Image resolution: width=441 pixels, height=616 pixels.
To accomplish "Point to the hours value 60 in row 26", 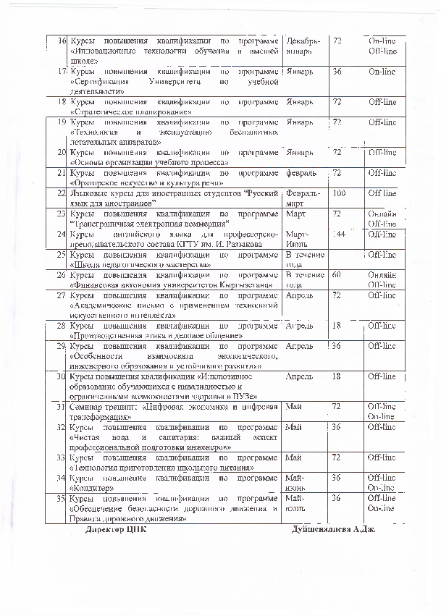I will point(336,275).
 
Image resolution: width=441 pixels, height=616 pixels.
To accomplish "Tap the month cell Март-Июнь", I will point(298,239).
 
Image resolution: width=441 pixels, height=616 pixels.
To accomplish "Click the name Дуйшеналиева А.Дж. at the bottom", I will point(333,529).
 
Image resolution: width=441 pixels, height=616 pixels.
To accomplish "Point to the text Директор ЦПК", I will point(115,529).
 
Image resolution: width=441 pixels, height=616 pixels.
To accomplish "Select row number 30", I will point(62,376).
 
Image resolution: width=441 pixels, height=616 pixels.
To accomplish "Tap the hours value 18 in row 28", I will point(336,326).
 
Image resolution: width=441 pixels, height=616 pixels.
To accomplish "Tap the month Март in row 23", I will point(295,214).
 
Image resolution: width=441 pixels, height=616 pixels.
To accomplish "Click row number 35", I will point(61,499).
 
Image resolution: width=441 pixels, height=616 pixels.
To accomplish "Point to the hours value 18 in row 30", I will point(336,376).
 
